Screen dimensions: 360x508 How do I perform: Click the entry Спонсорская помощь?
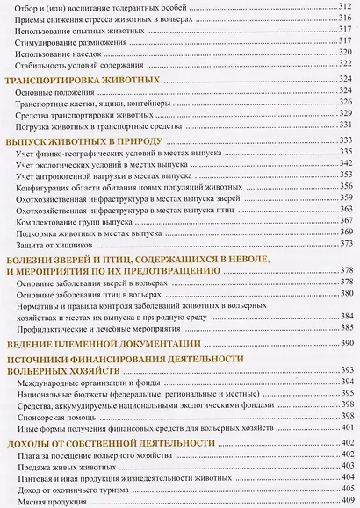(x=59, y=420)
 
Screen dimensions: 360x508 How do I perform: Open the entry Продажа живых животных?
(x=69, y=471)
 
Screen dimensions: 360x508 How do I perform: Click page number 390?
(x=347, y=342)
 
